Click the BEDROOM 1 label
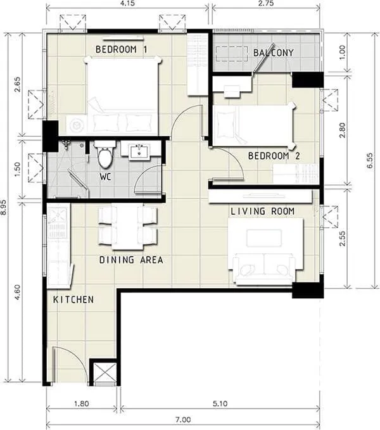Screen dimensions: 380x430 click(x=121, y=49)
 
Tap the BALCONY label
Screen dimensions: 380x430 click(x=273, y=53)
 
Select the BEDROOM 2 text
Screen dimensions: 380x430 click(x=274, y=156)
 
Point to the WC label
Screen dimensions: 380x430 click(x=105, y=177)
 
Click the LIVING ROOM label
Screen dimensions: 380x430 click(x=263, y=211)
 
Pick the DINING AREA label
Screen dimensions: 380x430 click(x=131, y=260)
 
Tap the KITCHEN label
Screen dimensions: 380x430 click(x=73, y=300)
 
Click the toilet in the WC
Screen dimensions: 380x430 click(x=104, y=153)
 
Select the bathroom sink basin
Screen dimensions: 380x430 click(x=139, y=151)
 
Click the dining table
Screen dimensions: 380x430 click(x=127, y=227)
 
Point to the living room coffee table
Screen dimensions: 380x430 click(x=264, y=238)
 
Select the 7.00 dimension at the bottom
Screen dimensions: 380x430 click(x=183, y=420)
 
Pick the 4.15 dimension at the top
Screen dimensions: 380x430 click(x=127, y=4)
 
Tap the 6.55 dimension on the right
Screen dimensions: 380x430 click(x=370, y=160)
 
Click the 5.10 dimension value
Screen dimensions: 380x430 click(x=220, y=403)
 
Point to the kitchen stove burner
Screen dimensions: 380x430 click(x=58, y=215)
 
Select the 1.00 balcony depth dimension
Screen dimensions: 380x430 click(x=343, y=53)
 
